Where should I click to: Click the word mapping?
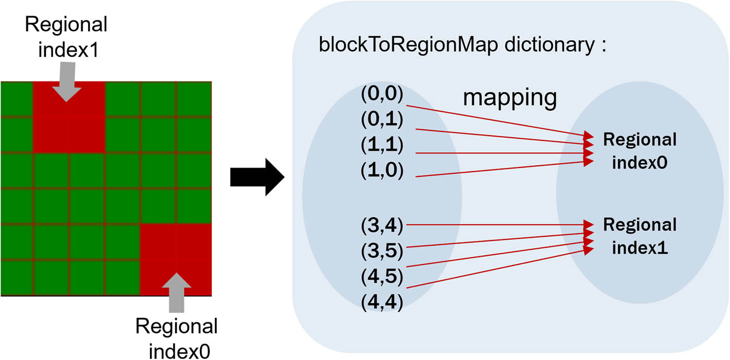coord(510,99)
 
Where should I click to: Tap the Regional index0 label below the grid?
coord(176,338)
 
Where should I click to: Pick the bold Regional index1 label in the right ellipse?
coord(639,236)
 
